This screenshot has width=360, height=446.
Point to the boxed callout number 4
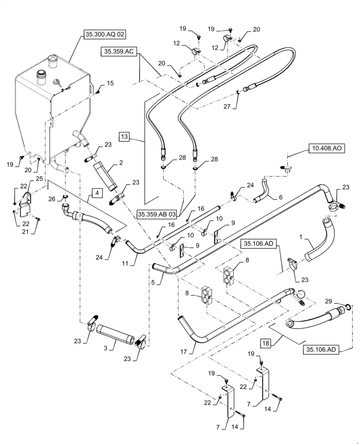pyautogui.click(x=97, y=193)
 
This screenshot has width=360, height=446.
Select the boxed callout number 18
pyautogui.click(x=266, y=343)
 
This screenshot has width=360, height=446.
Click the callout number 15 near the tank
pyautogui.click(x=110, y=83)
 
